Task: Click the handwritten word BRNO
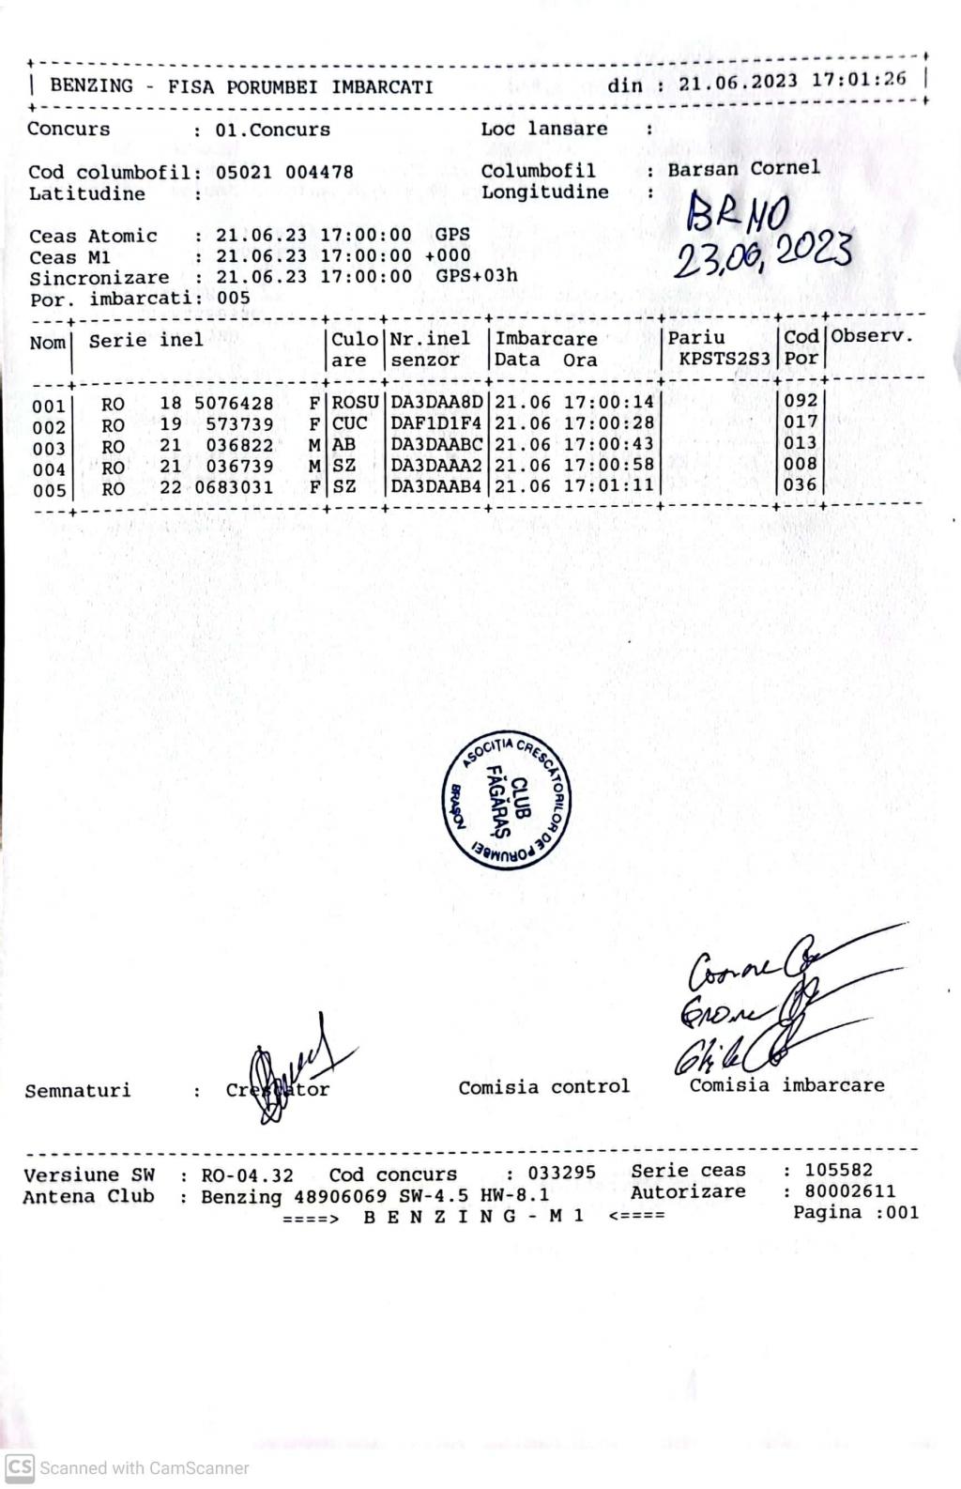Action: (740, 213)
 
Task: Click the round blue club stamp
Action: (508, 799)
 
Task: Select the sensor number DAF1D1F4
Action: (436, 423)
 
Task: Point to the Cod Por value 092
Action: (801, 401)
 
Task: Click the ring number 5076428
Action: (234, 404)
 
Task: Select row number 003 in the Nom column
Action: (49, 449)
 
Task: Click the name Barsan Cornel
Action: (743, 169)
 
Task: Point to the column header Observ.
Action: (872, 336)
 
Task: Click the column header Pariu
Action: (696, 337)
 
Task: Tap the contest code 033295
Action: (561, 1174)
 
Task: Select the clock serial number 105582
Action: (838, 1170)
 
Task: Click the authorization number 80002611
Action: (850, 1191)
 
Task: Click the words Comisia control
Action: (544, 1087)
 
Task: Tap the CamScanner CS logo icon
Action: (20, 1467)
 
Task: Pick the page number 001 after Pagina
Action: (903, 1212)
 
